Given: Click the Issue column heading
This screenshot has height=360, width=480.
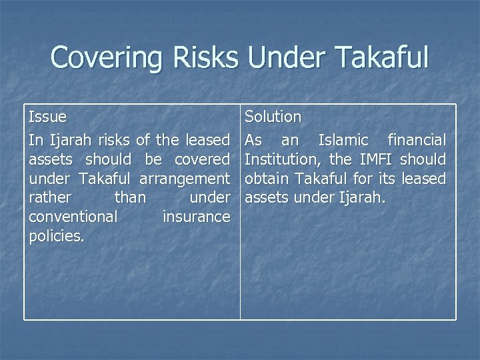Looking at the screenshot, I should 47,117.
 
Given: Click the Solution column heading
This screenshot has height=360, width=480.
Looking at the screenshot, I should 273,117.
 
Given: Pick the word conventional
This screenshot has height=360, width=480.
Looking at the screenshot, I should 73,217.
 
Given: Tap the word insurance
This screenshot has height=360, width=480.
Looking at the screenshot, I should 196,217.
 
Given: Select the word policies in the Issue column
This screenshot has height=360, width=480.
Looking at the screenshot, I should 56,237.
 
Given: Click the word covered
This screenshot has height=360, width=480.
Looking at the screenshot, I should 202,159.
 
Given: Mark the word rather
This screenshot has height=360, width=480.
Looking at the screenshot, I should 48,198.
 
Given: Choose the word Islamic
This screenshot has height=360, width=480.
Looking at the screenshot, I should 343,140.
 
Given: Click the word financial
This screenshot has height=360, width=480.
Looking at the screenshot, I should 417,140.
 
